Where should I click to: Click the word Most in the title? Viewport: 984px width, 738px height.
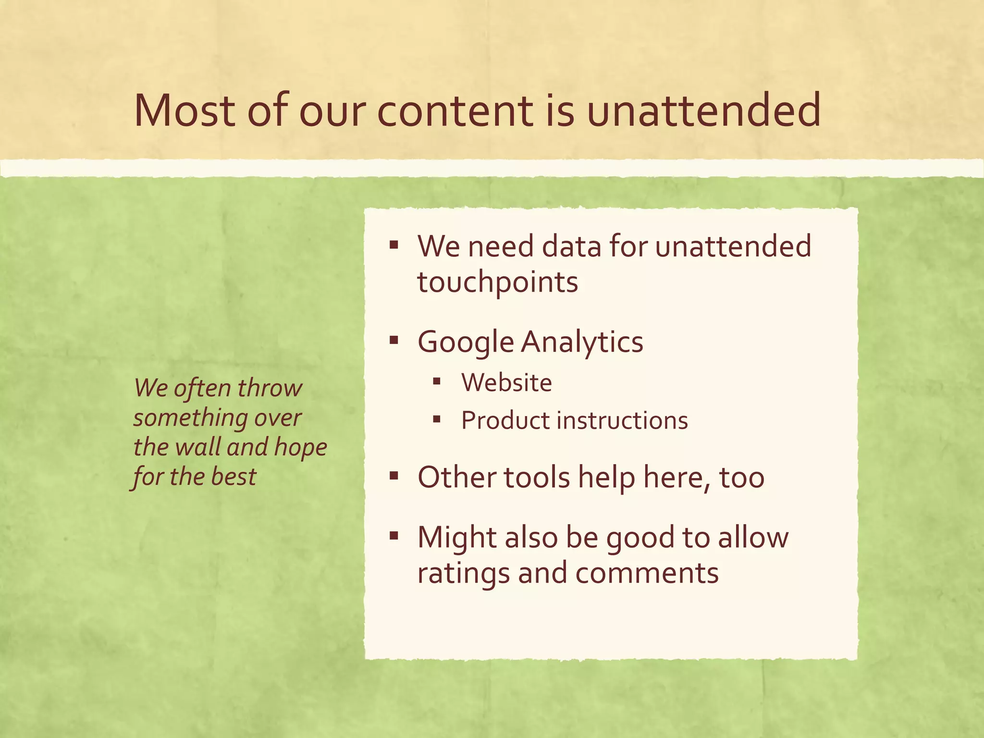(x=184, y=111)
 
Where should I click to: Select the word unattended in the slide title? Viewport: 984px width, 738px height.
(x=703, y=111)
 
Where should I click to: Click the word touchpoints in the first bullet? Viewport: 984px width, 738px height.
(x=497, y=283)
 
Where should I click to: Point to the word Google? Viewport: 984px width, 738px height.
(x=466, y=343)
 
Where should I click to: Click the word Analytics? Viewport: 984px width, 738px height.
(x=582, y=343)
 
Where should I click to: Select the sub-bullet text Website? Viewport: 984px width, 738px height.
(x=506, y=383)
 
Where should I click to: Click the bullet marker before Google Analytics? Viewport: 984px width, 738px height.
(x=394, y=341)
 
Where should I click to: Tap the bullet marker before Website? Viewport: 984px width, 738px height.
(x=436, y=382)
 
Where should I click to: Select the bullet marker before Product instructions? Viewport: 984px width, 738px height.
(x=436, y=419)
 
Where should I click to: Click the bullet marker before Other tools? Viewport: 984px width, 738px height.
(x=394, y=476)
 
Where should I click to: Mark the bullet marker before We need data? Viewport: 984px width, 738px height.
(x=394, y=246)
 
